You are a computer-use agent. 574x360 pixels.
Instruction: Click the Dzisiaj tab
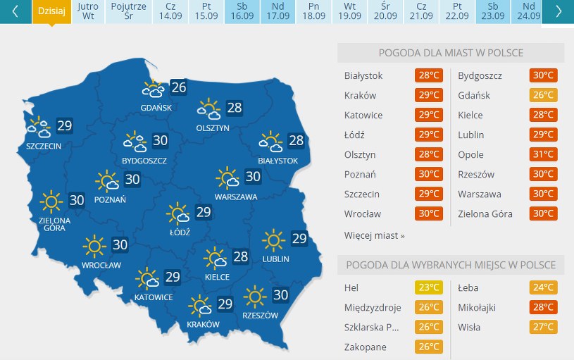point(52,11)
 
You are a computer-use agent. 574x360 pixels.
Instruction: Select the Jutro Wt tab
point(88,11)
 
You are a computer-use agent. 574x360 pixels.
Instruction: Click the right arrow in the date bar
point(559,11)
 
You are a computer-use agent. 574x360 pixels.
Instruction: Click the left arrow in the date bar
point(15,11)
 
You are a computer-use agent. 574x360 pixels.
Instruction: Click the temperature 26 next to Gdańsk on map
point(179,87)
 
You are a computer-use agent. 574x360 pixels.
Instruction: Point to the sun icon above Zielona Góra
point(51,201)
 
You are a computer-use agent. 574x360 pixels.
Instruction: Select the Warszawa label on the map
point(236,197)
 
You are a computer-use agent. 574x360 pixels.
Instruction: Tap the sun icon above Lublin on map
point(273,240)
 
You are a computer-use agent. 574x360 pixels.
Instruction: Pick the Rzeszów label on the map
point(260,315)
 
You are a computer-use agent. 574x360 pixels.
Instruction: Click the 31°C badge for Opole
point(543,155)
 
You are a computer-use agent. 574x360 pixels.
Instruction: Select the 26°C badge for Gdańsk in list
point(543,96)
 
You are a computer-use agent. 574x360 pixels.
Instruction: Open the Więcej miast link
point(374,235)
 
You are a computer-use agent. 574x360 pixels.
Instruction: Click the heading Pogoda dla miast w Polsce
point(451,53)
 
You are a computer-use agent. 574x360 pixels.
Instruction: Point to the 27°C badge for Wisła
point(543,327)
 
